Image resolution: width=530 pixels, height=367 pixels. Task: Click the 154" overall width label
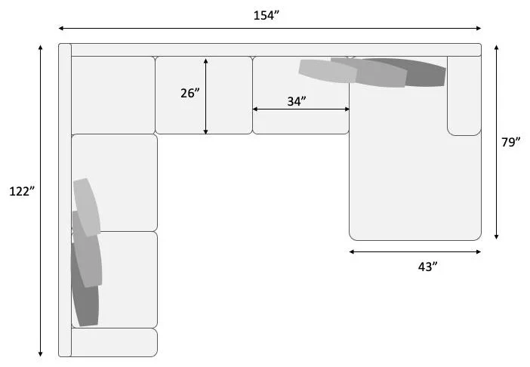[267, 16]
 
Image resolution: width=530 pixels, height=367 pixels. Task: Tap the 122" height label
[22, 192]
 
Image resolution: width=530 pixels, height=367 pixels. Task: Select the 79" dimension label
[510, 142]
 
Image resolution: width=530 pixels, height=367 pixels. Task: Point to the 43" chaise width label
[427, 267]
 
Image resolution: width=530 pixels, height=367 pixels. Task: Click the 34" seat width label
[297, 101]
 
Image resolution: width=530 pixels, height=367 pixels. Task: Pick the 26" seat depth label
[190, 94]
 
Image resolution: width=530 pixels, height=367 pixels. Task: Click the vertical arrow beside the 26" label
[206, 97]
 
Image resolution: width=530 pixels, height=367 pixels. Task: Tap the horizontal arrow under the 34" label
[300, 109]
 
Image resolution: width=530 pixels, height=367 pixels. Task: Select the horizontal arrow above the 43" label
[415, 251]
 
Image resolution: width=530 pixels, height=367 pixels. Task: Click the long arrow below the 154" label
[270, 29]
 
